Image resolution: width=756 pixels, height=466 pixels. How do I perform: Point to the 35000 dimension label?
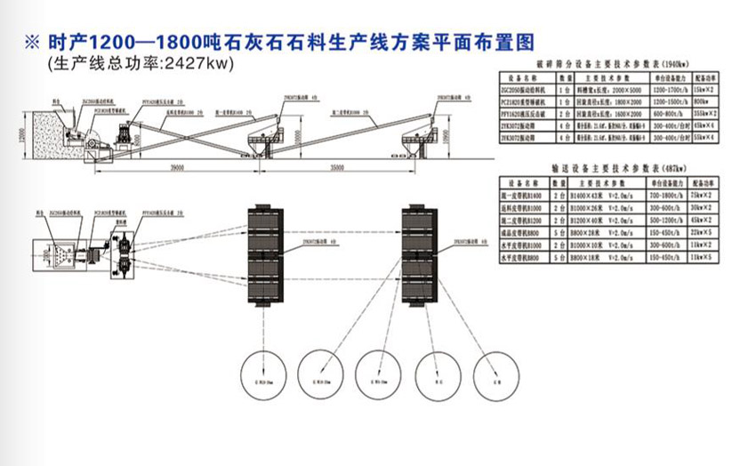[334, 167]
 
